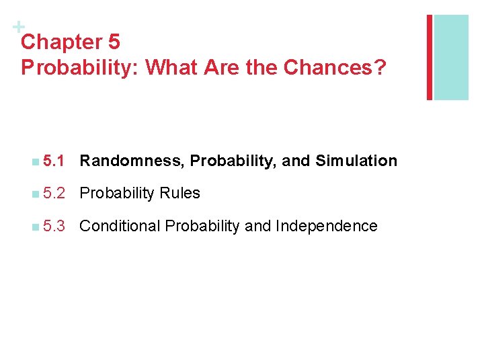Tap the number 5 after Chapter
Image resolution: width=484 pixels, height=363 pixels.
pyautogui.click(x=114, y=42)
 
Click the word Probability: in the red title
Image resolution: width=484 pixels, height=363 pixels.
pyautogui.click(x=80, y=68)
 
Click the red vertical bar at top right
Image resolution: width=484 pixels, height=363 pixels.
pyautogui.click(x=430, y=57)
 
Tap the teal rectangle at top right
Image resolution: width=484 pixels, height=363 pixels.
pyautogui.click(x=451, y=57)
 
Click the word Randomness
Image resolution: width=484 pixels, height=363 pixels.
pyautogui.click(x=132, y=161)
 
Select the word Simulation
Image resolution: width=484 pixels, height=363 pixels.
pyautogui.click(x=356, y=161)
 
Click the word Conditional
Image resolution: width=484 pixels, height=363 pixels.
pyautogui.click(x=120, y=227)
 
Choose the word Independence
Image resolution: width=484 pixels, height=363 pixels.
pyautogui.click(x=327, y=227)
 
